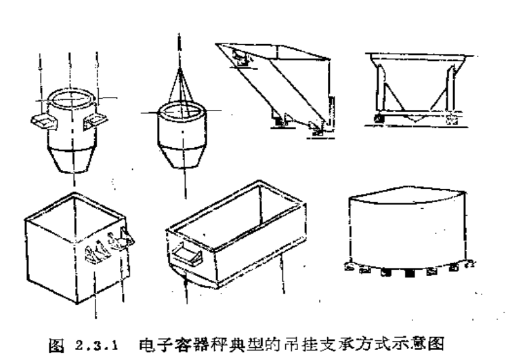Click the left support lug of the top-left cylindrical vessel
coord(42,121)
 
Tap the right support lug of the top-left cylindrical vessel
coord(95,119)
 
